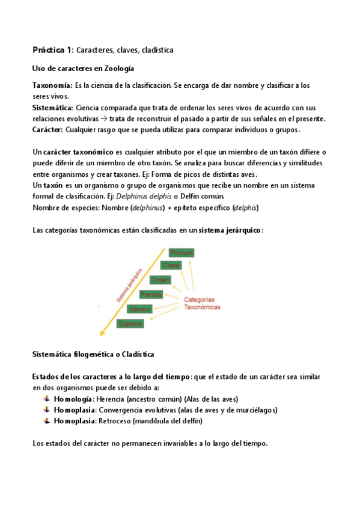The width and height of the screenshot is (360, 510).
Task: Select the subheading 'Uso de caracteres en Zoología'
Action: coord(83,69)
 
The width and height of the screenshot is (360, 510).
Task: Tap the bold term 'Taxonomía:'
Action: coord(52,86)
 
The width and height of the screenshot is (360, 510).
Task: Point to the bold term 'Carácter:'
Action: coord(49,129)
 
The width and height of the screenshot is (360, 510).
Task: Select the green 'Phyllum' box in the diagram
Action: coord(182,253)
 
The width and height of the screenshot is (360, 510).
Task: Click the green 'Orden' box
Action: coord(160,280)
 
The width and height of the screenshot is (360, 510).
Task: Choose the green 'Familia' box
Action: coord(150,294)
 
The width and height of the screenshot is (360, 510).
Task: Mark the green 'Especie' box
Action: coord(130,324)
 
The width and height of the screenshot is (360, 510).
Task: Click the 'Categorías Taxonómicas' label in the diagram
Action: coord(201,303)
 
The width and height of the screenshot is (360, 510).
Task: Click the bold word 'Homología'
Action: coord(73,399)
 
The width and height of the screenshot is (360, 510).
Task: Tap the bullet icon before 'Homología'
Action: coord(47,399)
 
